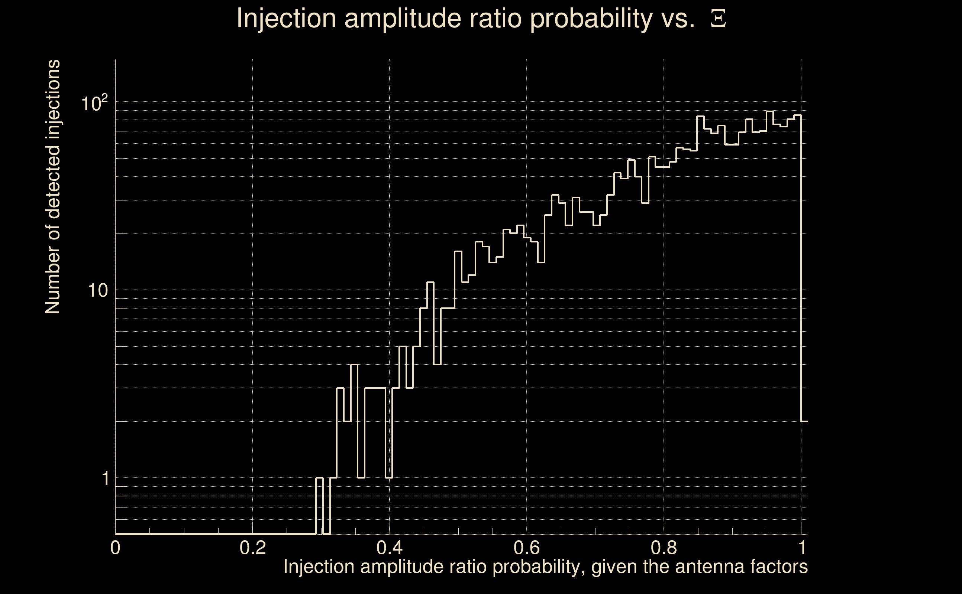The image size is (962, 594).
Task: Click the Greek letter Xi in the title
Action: pos(718,19)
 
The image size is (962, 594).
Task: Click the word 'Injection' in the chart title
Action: pos(286,19)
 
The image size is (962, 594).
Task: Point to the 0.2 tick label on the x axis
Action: pos(252,548)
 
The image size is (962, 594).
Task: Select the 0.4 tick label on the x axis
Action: pos(389,548)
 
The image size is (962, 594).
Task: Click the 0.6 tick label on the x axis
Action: pos(527,548)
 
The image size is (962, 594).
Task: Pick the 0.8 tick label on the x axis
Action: pos(664,548)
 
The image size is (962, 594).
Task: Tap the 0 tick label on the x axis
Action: pos(115,548)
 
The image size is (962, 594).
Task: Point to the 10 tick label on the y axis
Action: pos(97,291)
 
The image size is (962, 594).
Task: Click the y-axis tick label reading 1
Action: pos(105,479)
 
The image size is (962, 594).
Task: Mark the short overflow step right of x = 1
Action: pos(805,421)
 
